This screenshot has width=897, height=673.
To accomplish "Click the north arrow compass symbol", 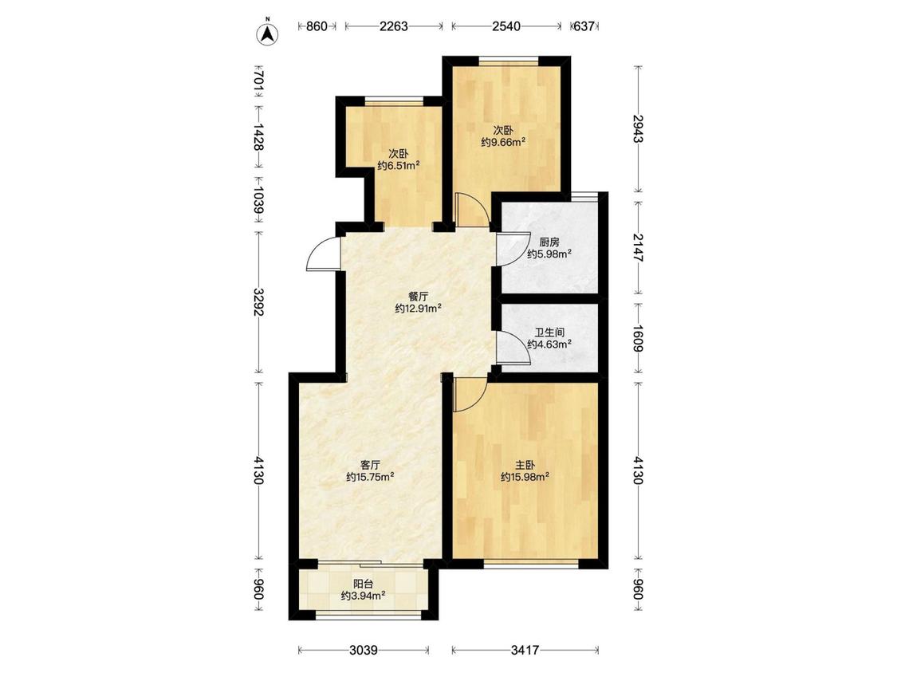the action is [267, 33].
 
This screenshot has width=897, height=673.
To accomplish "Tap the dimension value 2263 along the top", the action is [394, 26].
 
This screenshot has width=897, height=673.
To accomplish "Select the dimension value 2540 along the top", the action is [506, 26].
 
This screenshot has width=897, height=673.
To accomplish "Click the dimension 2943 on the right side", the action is [639, 129].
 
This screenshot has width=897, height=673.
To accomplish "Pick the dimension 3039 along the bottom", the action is [364, 650].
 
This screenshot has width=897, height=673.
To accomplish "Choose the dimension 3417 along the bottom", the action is [525, 650].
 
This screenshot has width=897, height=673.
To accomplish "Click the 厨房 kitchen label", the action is [549, 242].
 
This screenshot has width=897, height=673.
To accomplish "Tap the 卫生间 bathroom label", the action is [549, 332].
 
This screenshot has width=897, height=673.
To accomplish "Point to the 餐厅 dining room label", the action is [418, 297].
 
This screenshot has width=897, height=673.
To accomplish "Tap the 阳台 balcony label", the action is [364, 584].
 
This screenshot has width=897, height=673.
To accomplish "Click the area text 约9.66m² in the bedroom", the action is [503, 142].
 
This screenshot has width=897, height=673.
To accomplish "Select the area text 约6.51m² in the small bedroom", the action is [399, 166].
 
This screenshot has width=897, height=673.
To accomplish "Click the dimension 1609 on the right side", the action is [639, 338].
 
